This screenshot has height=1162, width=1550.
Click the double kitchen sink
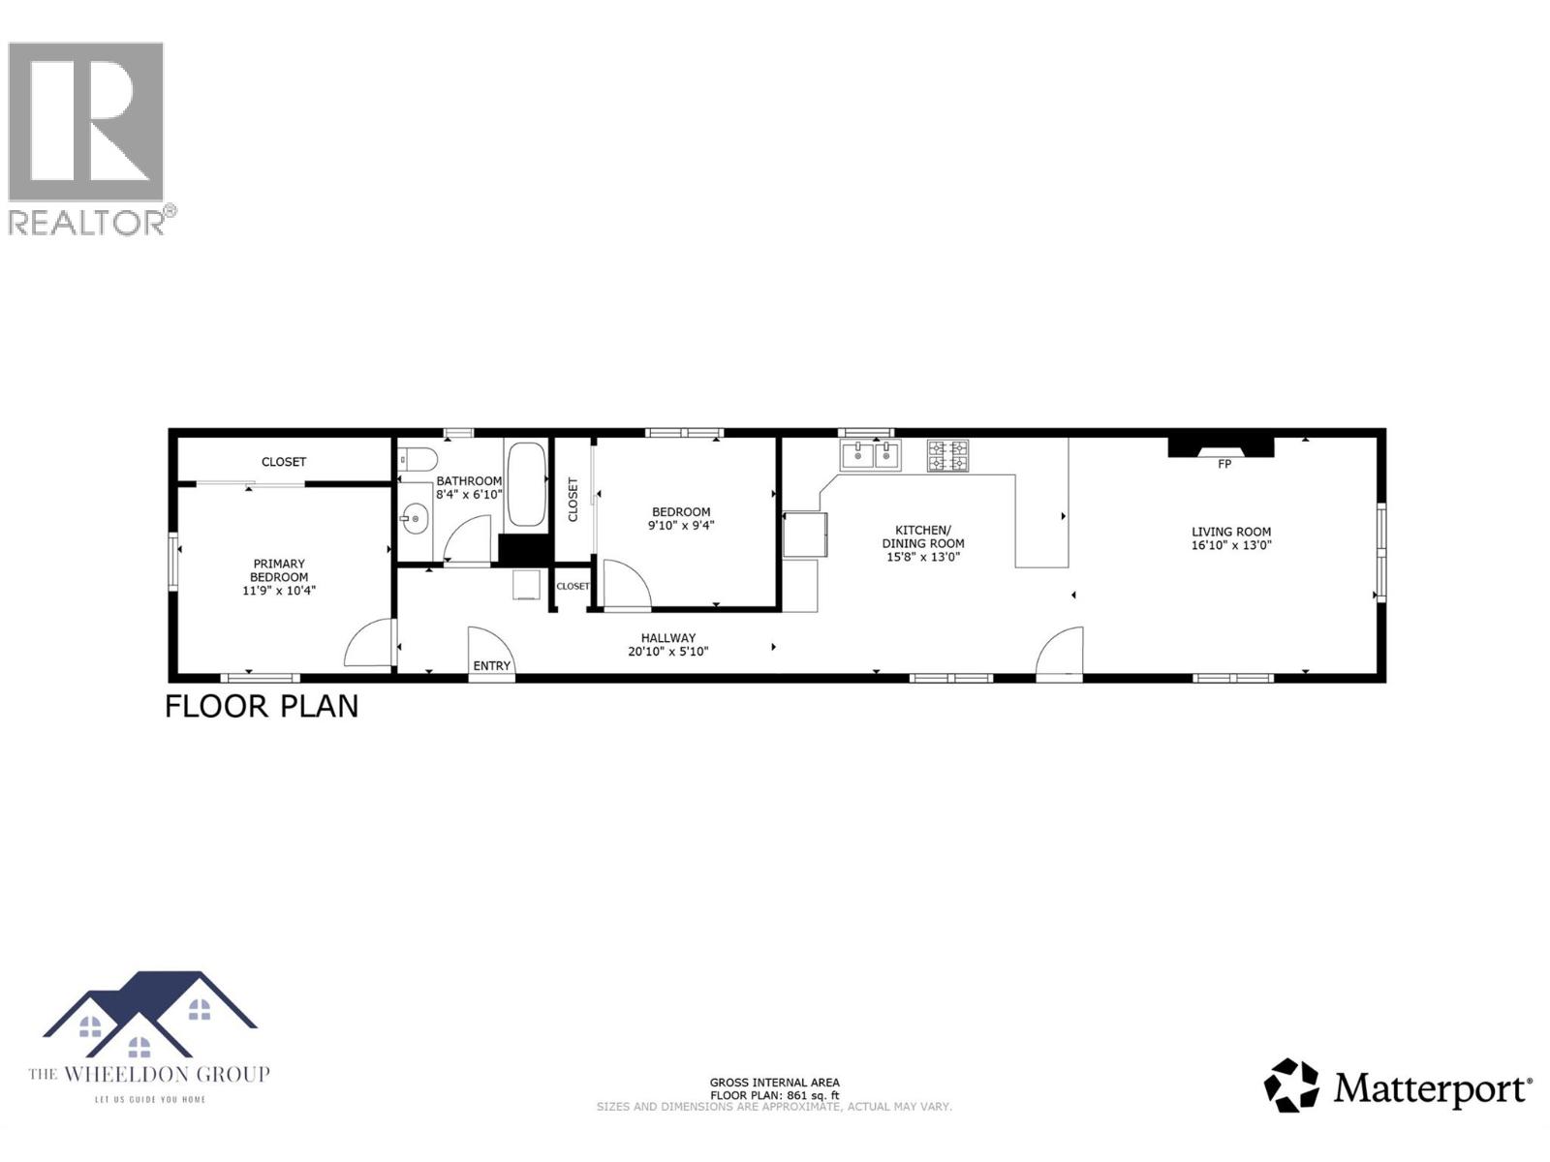871,454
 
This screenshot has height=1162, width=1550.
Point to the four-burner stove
947,455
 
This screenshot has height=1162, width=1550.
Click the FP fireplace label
1224,464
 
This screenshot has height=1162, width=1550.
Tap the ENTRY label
491,666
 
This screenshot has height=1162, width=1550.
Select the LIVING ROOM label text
1231,532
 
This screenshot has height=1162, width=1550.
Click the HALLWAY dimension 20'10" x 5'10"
667,652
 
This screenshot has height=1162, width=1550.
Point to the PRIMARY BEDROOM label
279,570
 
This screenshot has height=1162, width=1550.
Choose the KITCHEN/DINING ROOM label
923,536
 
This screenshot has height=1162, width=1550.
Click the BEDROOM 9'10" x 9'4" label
681,519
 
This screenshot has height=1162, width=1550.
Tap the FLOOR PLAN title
262,707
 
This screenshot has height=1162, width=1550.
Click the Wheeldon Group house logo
149,1016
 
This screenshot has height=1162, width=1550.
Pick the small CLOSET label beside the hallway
573,586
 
